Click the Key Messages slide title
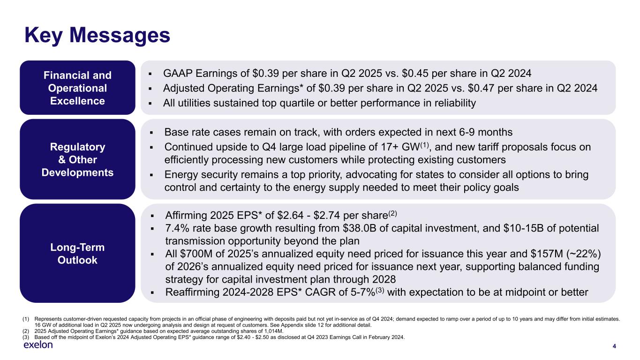97,35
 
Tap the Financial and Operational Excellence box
77,88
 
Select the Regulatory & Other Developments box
77,160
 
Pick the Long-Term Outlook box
77,254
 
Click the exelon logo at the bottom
38,345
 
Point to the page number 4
614,346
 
